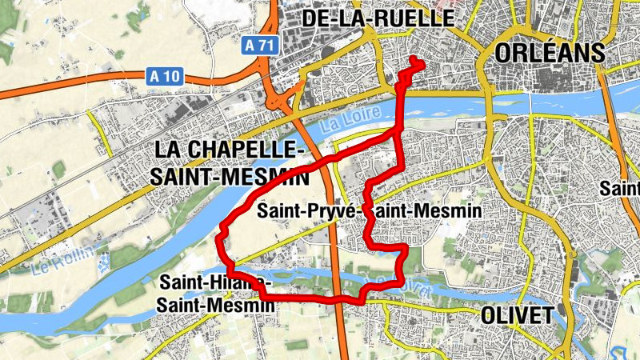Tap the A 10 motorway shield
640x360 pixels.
click(x=165, y=77)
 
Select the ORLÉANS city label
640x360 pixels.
click(x=550, y=53)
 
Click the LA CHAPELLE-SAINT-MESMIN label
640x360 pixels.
click(x=230, y=162)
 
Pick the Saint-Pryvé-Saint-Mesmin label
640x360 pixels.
click(x=369, y=210)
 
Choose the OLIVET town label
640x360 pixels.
click(x=517, y=314)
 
